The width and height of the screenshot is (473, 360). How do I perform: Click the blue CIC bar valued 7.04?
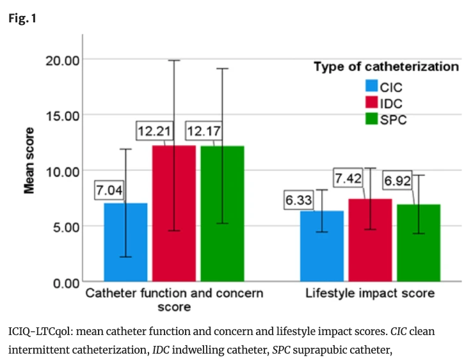[125, 242]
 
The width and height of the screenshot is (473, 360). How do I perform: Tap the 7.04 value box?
[110, 190]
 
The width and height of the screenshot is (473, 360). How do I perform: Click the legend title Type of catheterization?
[386, 67]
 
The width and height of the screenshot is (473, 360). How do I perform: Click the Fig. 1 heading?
[22, 19]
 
